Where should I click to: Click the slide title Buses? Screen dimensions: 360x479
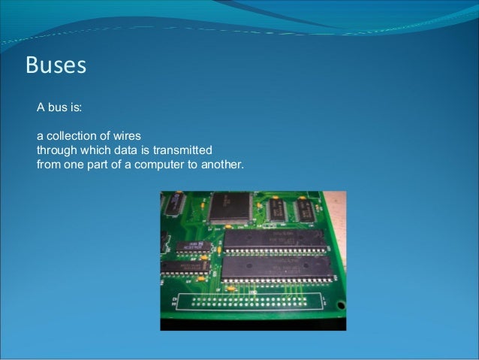56,65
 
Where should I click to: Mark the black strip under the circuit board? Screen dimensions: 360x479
253,324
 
